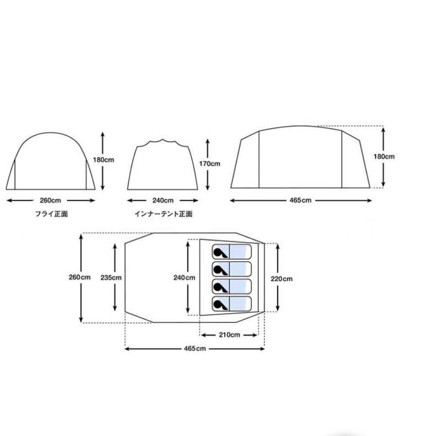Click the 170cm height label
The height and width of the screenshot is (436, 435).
click(x=210, y=164)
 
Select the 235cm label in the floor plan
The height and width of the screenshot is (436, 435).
click(x=111, y=278)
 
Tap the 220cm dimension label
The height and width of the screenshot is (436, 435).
click(x=282, y=279)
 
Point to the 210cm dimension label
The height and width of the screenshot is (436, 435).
click(x=229, y=335)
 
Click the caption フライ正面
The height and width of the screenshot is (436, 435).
click(x=51, y=214)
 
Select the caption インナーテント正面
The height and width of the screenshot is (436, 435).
click(x=163, y=214)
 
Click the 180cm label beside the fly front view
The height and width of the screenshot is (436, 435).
click(x=103, y=160)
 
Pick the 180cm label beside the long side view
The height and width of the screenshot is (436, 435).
click(x=384, y=156)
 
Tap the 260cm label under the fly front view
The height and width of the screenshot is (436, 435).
click(x=50, y=200)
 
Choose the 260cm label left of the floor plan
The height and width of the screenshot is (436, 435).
click(x=80, y=277)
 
